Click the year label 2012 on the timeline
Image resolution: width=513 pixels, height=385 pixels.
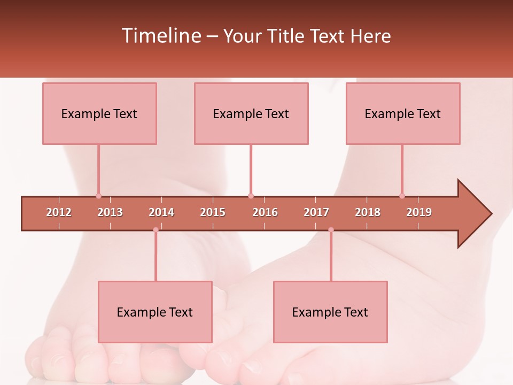(59, 212)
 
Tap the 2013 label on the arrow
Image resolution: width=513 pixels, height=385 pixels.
(110, 212)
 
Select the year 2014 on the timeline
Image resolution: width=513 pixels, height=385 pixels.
(161, 212)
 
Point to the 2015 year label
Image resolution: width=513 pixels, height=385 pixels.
(213, 212)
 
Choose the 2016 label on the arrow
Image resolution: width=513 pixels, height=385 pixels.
(265, 212)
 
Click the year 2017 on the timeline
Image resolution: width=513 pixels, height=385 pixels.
(316, 212)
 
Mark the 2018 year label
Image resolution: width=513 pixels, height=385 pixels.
(368, 212)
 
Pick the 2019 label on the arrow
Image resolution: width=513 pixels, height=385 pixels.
(419, 212)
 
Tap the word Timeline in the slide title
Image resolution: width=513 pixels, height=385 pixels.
(160, 36)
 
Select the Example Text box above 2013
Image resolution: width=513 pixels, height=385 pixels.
(99, 113)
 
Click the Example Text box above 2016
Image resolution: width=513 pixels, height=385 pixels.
(251, 113)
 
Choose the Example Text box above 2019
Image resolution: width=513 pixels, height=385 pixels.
(403, 113)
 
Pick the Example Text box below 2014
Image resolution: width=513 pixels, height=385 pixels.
(155, 312)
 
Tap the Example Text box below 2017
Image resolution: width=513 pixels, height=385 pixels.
(330, 312)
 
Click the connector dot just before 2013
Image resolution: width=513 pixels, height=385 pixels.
(98, 196)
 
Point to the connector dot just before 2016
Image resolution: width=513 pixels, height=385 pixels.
(251, 196)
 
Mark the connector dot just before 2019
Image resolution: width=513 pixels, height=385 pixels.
(402, 196)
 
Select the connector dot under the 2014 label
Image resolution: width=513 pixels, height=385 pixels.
(156, 230)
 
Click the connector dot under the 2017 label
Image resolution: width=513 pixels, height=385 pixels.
(331, 230)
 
